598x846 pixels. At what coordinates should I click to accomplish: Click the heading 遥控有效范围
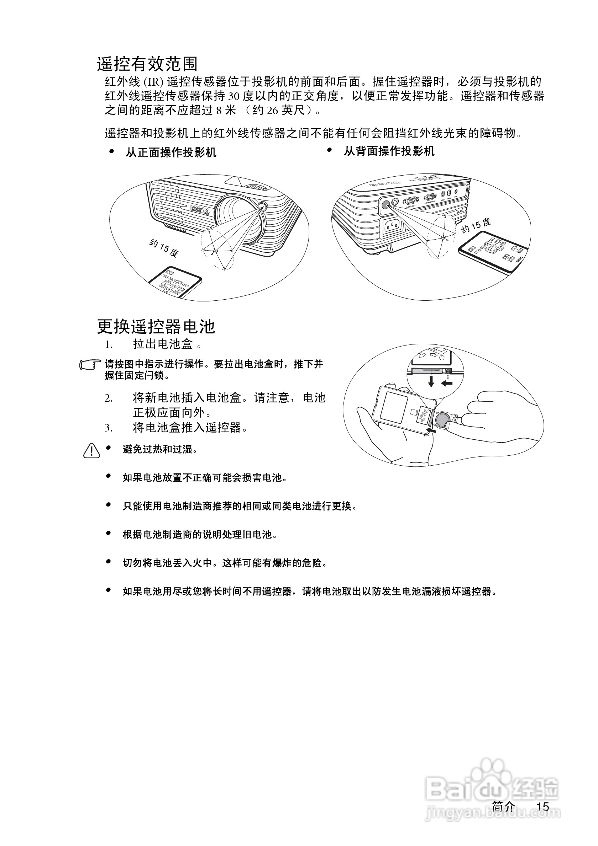pyautogui.click(x=147, y=64)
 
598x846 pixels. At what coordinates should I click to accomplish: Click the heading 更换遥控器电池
pyautogui.click(x=156, y=326)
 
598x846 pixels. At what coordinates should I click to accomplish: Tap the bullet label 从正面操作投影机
pyautogui.click(x=171, y=152)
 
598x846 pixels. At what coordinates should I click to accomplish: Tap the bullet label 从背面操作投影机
pyautogui.click(x=389, y=151)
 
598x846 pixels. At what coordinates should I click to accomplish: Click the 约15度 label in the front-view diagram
pyautogui.click(x=164, y=248)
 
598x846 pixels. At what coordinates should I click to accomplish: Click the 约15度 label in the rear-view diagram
pyautogui.click(x=476, y=225)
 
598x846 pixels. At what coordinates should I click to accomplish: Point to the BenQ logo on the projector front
pyautogui.click(x=200, y=210)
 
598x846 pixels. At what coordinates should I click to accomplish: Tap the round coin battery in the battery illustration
pyautogui.click(x=442, y=419)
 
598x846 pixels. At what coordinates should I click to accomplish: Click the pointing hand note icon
pyautogui.click(x=90, y=364)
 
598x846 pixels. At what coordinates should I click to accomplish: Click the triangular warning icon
pyautogui.click(x=91, y=450)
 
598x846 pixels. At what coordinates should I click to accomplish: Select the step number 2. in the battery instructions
pyautogui.click(x=108, y=398)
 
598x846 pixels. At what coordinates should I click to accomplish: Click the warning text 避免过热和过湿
pyautogui.click(x=159, y=449)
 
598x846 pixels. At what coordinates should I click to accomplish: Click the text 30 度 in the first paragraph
pyautogui.click(x=241, y=96)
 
